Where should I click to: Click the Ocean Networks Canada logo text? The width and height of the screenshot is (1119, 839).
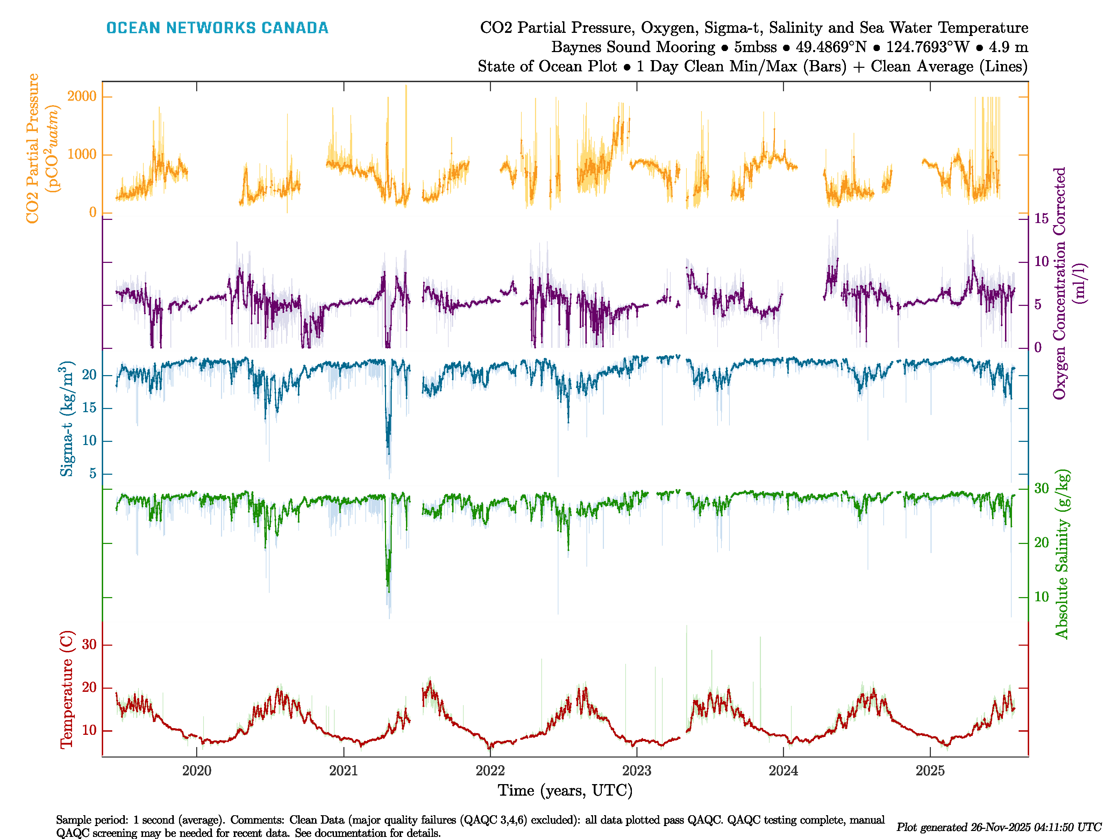[x=217, y=28]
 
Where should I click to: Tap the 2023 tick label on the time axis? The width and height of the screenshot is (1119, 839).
[x=636, y=771]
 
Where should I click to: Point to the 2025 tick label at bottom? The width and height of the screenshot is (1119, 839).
[x=930, y=771]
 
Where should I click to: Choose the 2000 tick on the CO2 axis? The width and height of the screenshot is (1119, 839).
[x=81, y=96]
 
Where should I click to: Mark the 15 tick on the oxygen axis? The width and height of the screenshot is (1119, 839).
[x=1041, y=218]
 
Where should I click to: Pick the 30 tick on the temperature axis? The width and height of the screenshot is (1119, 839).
[x=89, y=645]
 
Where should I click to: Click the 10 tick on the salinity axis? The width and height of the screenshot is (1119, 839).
[x=1041, y=597]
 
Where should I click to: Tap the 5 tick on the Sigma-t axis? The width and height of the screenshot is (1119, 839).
[x=93, y=473]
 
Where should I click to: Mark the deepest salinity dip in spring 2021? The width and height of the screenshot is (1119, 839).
[x=389, y=589]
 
